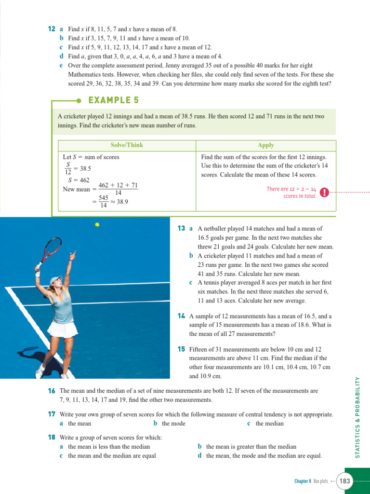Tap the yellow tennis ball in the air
97,224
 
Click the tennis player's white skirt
63,330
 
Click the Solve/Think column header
127,145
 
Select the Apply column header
266,145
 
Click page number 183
345,481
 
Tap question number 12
52,29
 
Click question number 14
181,316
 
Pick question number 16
52,391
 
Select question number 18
52,438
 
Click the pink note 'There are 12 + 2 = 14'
291,189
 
